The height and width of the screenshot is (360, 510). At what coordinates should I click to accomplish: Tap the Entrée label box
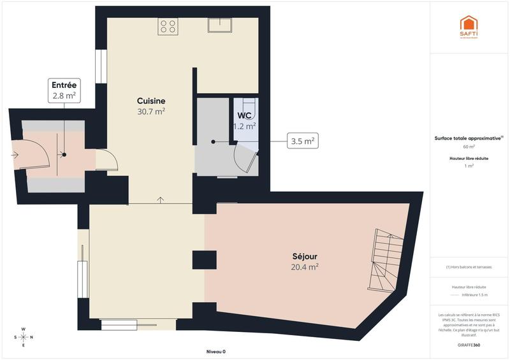pyautogui.click(x=64, y=90)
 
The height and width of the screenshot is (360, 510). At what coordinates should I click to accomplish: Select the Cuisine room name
pyautogui.click(x=151, y=101)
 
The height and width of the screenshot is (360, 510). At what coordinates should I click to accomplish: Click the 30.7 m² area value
pyautogui.click(x=151, y=112)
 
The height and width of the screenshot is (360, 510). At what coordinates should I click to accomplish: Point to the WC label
pyautogui.click(x=244, y=115)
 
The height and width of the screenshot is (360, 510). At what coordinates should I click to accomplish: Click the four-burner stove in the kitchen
pyautogui.click(x=168, y=26)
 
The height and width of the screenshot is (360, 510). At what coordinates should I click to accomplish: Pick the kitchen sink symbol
pyautogui.click(x=219, y=25)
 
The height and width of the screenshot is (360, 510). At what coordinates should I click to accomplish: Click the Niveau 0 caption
pyautogui.click(x=215, y=352)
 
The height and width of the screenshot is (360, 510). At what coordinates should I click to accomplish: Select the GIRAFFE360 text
pyautogui.click(x=469, y=343)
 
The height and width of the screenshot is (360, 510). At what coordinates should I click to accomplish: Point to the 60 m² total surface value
pyautogui.click(x=469, y=147)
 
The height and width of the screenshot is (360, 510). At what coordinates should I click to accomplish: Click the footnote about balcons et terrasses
pyautogui.click(x=469, y=267)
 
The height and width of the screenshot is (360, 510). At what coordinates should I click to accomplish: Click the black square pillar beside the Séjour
pyautogui.click(x=205, y=259)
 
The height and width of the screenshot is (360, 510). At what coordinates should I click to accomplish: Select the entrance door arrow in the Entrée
pyautogui.click(x=15, y=154)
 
